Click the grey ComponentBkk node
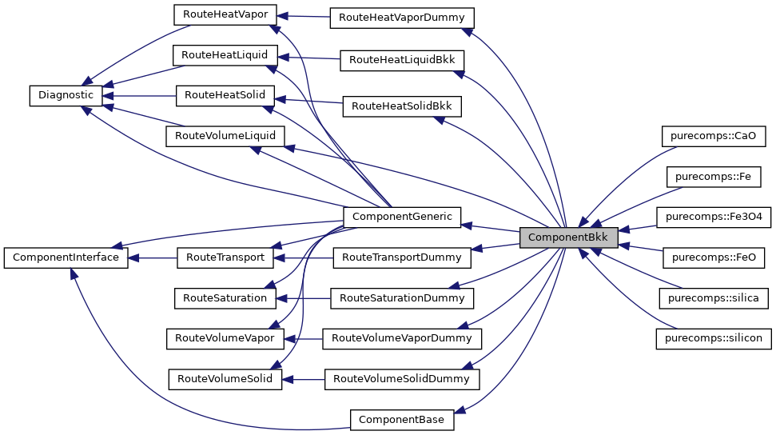point(568,237)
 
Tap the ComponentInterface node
point(66,257)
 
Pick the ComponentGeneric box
point(401,216)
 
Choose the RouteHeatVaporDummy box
point(402,17)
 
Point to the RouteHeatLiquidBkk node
point(402,60)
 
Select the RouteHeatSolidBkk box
point(402,105)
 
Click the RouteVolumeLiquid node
point(225,135)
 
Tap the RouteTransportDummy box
point(401,257)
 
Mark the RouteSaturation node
point(225,297)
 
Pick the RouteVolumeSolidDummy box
point(401,379)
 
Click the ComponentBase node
point(401,419)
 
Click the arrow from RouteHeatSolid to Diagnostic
point(144,95)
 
